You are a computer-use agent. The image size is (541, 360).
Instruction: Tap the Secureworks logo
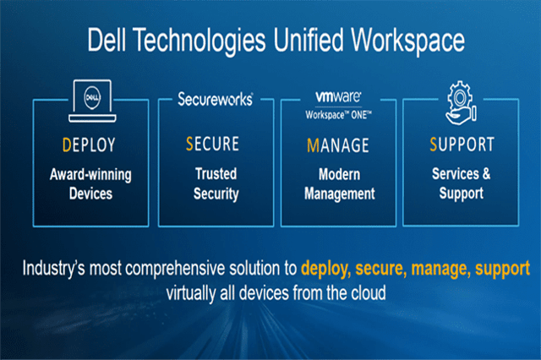[x=215, y=100]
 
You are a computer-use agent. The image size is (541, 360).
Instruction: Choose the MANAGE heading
[x=337, y=145]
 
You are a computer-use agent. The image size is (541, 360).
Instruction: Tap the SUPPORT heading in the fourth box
[x=462, y=145]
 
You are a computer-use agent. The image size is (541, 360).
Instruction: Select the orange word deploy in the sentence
[x=325, y=269]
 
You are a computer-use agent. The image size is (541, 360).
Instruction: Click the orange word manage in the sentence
[x=429, y=269]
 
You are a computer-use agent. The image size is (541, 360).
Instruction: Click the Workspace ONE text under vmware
[x=338, y=110]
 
